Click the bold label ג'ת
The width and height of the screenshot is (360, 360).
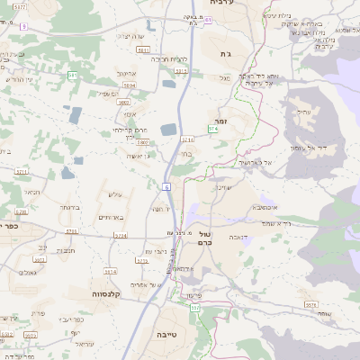(225, 54)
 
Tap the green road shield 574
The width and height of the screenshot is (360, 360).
(212, 130)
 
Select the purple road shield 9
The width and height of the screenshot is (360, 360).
(23, 26)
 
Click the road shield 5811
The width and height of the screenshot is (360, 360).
(143, 50)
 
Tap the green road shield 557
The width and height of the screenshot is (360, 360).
(194, 309)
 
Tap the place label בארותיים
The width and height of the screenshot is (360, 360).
(109, 218)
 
